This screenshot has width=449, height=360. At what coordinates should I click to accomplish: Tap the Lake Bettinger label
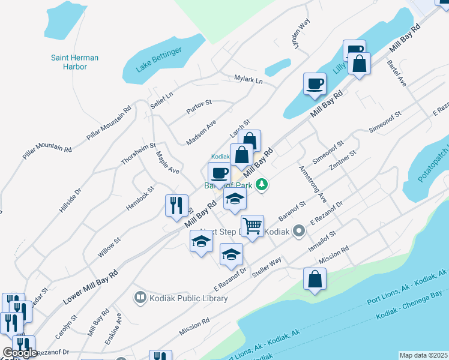click(x=158, y=60)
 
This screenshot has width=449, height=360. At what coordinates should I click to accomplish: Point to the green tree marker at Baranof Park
click(x=261, y=184)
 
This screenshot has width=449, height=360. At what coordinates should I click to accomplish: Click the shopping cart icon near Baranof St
click(x=252, y=226)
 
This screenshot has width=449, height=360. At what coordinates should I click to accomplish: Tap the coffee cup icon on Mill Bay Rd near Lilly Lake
click(x=315, y=83)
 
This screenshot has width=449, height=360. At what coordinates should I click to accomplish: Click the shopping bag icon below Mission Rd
click(x=315, y=279)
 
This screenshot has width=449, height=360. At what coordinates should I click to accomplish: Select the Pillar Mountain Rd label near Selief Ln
click(x=109, y=124)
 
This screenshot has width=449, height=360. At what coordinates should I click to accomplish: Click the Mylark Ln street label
click(x=249, y=79)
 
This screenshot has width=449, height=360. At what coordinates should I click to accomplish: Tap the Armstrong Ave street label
click(x=312, y=183)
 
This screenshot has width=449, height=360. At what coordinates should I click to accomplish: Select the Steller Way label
click(x=267, y=265)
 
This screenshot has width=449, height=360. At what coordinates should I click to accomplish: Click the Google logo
click(x=20, y=353)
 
